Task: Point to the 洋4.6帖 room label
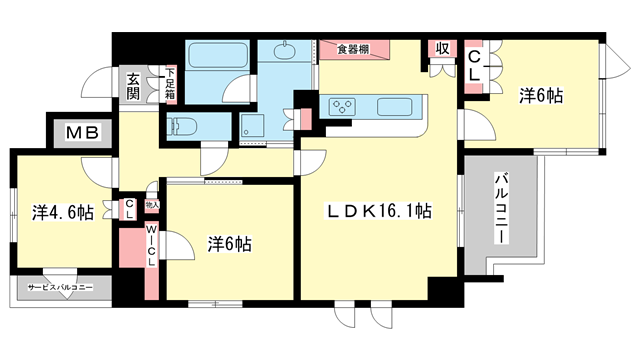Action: click(62, 212)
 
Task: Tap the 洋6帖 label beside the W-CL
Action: click(229, 243)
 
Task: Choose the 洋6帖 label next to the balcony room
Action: click(540, 96)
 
